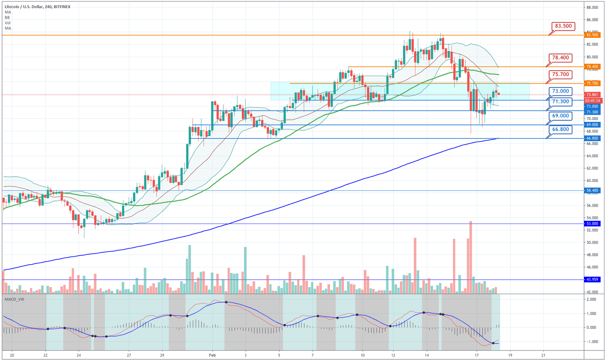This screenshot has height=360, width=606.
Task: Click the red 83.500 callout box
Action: point(563,26)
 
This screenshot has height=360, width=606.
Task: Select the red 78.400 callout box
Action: point(560,58)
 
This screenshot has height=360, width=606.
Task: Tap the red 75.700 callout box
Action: point(560,75)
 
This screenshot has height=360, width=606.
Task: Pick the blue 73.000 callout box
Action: point(560,91)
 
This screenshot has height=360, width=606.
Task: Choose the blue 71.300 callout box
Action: point(560,102)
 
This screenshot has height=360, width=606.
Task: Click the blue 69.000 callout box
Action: point(560,116)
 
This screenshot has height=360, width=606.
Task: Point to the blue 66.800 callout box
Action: point(560,129)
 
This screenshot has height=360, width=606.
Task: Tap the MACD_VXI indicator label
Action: point(15,300)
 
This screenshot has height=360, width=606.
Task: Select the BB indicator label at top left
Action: point(7,17)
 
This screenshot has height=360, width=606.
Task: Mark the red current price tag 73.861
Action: point(593,95)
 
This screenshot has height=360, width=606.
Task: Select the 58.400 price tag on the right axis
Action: point(593,190)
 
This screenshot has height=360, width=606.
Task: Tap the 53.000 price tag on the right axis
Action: point(593,224)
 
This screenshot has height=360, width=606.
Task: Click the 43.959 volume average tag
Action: point(593,280)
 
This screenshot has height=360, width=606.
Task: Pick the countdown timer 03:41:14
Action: point(593,101)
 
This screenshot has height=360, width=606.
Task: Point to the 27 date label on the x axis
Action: point(129,355)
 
